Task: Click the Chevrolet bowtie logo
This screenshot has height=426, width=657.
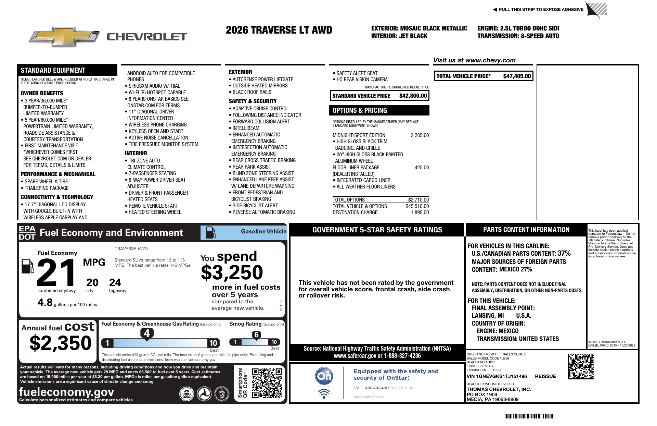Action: [64, 37]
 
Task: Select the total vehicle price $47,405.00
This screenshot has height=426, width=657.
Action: [517, 76]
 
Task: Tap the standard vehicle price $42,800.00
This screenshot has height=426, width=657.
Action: [413, 96]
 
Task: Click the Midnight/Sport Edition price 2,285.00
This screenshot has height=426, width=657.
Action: [420, 135]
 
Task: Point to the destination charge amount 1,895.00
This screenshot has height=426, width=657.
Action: [420, 212]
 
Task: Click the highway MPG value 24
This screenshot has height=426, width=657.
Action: [115, 283]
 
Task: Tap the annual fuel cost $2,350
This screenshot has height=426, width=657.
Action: [61, 343]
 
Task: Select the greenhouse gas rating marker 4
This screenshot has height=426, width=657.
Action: [147, 333]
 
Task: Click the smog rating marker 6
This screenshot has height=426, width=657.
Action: [256, 335]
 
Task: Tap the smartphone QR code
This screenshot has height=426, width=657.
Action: [267, 383]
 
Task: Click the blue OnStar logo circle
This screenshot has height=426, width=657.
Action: [324, 376]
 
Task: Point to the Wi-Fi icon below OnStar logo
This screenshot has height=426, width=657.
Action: [324, 393]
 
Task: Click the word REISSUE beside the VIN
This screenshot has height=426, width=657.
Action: [545, 376]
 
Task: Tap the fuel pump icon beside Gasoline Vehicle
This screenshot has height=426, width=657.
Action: [210, 232]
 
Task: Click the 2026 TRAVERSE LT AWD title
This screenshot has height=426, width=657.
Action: [279, 30]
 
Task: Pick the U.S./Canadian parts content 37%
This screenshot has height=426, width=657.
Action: [564, 253]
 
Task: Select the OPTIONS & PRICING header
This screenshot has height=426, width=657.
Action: [360, 110]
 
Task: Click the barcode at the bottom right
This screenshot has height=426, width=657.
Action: [529, 416]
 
